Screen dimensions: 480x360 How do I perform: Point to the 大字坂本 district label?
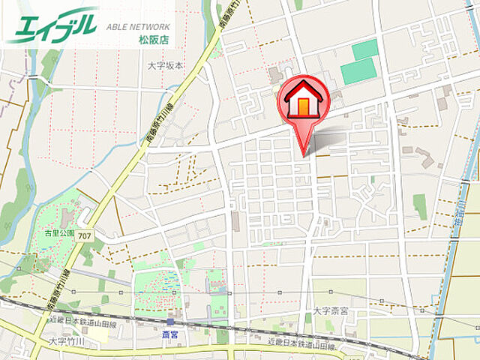[x=165, y=66]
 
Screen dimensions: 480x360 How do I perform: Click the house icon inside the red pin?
[x=303, y=99]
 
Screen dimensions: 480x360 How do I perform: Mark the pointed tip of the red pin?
[x=304, y=155]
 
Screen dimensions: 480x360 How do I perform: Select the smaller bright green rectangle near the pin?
[x=365, y=49]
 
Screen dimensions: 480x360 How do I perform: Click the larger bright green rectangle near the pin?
[x=358, y=71]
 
